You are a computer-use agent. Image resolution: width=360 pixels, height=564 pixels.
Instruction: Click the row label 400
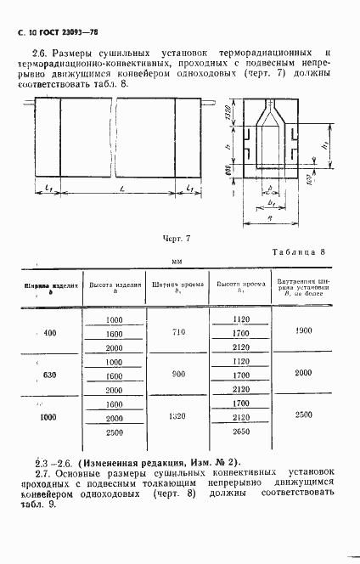tap(49, 333)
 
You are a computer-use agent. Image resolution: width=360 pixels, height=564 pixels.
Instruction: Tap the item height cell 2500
tap(113, 432)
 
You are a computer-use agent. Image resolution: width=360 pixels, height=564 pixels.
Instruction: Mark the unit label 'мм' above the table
tap(177, 262)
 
